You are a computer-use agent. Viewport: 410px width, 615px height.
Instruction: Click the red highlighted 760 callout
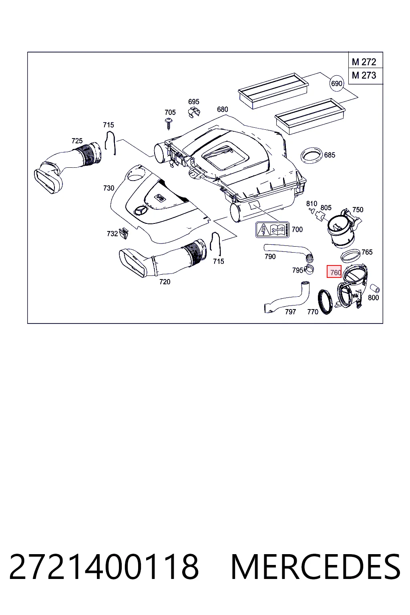(x=334, y=271)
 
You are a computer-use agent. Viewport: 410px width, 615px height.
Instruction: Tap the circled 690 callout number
(x=337, y=83)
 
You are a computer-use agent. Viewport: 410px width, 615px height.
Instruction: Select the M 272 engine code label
(x=364, y=62)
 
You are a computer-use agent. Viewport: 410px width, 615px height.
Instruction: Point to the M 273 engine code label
(x=364, y=75)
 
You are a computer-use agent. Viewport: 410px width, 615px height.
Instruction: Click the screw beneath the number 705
(x=168, y=124)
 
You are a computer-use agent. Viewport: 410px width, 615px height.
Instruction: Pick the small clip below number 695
(x=194, y=112)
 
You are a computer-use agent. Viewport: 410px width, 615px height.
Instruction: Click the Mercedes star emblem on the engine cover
(x=141, y=211)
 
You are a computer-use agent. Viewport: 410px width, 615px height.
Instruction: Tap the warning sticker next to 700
(x=272, y=230)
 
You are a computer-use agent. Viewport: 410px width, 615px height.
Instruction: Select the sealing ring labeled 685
(x=312, y=156)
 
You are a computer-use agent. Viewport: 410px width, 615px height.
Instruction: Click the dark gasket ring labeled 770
(x=325, y=302)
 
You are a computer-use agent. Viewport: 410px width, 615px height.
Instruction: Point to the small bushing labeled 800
(x=375, y=289)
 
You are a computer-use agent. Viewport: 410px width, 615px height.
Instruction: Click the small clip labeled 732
(x=124, y=233)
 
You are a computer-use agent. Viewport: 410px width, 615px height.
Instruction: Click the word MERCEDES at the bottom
(x=316, y=567)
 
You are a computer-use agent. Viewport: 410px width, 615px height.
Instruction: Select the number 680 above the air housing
(x=223, y=109)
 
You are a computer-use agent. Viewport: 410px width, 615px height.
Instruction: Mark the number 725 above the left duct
(x=77, y=141)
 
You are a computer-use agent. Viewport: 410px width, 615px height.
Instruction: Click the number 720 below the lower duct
(x=165, y=282)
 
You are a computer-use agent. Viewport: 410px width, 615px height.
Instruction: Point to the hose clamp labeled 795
(x=309, y=270)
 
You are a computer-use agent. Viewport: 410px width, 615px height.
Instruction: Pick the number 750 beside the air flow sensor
(x=358, y=210)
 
